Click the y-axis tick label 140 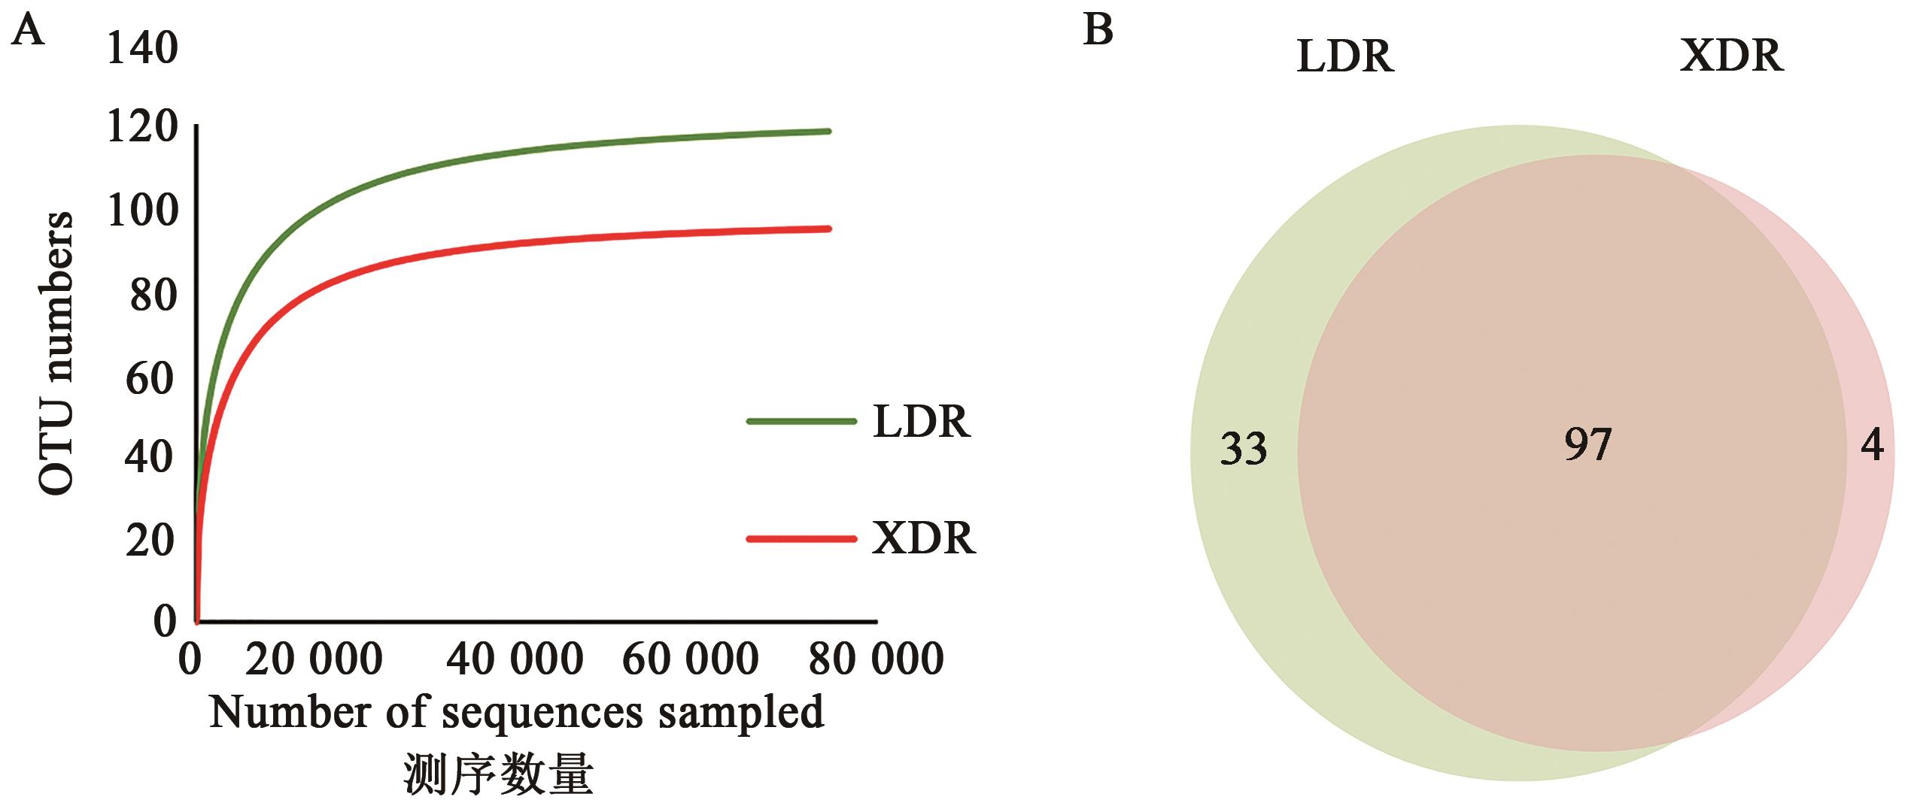pos(142,49)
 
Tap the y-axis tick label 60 pos(150,378)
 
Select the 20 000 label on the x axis pos(314,659)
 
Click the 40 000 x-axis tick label pos(515,659)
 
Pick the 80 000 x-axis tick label pos(876,659)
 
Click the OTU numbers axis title pos(57,353)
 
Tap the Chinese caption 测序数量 pos(498,774)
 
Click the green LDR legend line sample pos(801,421)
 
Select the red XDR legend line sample pos(801,538)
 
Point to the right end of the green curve pos(828,132)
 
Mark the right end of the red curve pos(828,229)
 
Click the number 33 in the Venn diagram pos(1243,449)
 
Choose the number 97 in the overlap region pos(1587,444)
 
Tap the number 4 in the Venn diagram pos(1872,446)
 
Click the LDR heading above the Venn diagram pos(1345,56)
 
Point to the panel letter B pos(1098,31)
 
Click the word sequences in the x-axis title pos(542,712)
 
